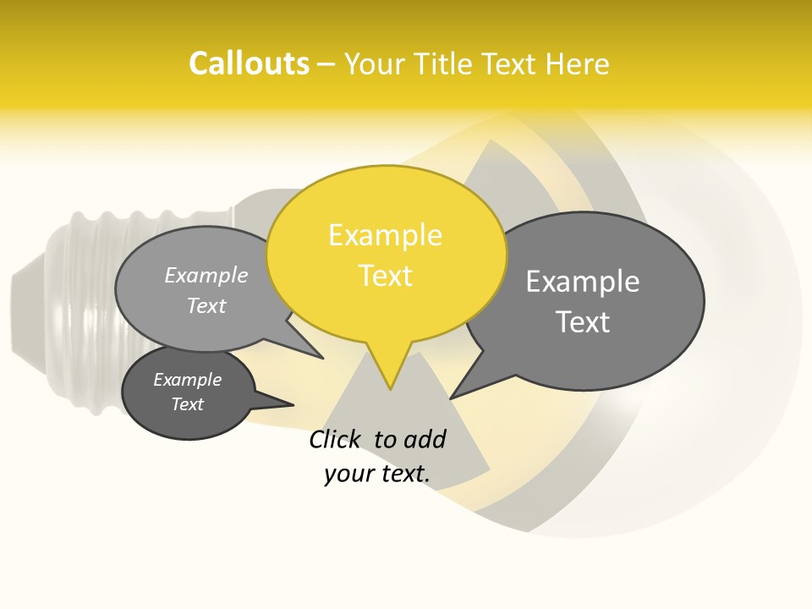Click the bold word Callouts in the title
tap(249, 63)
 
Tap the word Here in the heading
tap(578, 63)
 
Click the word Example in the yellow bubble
tap(385, 235)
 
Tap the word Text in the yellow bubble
tap(386, 276)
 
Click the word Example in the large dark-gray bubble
tap(582, 282)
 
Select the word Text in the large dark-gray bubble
tap(582, 322)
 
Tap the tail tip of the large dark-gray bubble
tap(452, 398)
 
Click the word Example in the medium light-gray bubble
tap(206, 276)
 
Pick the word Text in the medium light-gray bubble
tap(206, 306)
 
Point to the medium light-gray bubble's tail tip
tap(322, 358)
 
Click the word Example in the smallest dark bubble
tap(187, 380)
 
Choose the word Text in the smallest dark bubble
tap(187, 404)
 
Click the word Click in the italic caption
tap(335, 439)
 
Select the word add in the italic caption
tap(425, 439)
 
